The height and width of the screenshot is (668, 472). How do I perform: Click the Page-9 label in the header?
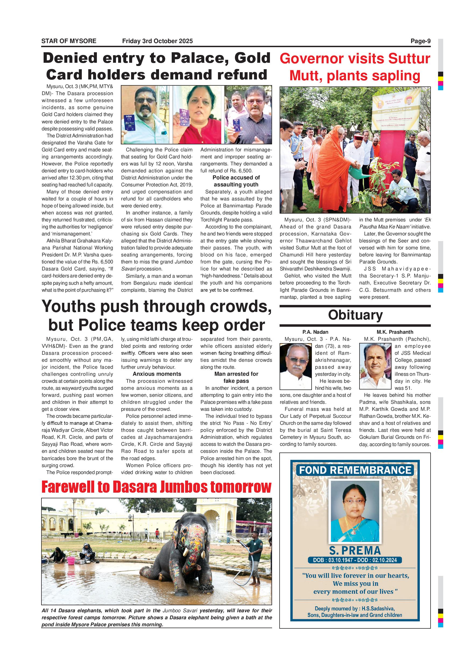pyautogui.click(x=420, y=41)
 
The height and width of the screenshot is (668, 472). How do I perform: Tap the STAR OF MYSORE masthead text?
pyautogui.click(x=69, y=41)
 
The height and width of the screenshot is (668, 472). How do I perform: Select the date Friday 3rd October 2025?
pyautogui.click(x=157, y=41)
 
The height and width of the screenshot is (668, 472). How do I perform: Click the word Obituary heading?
pyautogui.click(x=355, y=315)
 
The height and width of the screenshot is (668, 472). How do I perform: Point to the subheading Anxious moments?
pyautogui.click(x=157, y=374)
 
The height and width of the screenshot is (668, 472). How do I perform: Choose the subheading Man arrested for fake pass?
pyautogui.click(x=236, y=377)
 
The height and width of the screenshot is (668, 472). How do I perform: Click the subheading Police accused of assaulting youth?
pyautogui.click(x=236, y=181)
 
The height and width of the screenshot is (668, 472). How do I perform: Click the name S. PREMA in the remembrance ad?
pyautogui.click(x=355, y=551)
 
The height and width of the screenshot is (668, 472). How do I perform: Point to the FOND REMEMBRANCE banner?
pyautogui.click(x=355, y=470)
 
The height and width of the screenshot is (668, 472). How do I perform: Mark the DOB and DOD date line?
pyautogui.click(x=355, y=560)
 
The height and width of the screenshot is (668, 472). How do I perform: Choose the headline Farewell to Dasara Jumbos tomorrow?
pyautogui.click(x=156, y=487)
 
